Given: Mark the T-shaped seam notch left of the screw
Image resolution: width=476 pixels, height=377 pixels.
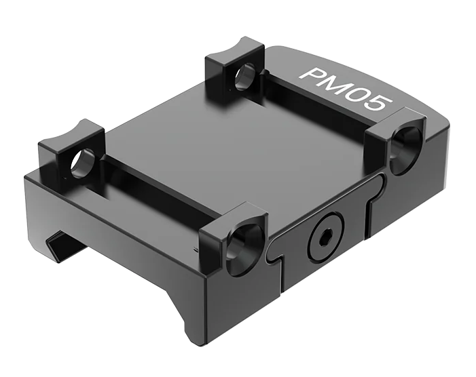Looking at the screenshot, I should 275,254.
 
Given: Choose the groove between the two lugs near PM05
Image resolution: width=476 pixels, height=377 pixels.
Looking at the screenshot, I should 319,102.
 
